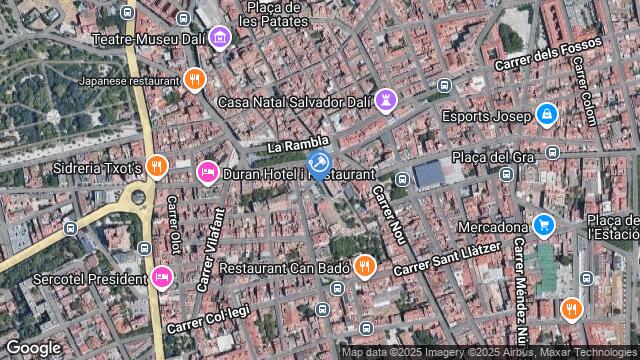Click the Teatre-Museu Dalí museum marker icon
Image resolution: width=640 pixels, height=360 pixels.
[221, 39]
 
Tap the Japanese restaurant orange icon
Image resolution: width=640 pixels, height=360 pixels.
[195, 79]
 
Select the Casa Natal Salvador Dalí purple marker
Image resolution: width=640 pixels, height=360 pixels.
[388, 101]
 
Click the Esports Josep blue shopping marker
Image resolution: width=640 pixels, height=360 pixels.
[545, 116]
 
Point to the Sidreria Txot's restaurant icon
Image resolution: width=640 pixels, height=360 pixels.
[156, 167]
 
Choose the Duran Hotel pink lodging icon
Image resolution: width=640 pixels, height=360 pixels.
[207, 173]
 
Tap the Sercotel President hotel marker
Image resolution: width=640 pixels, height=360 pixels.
[161, 277]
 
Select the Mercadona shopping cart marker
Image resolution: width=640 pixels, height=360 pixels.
[543, 226]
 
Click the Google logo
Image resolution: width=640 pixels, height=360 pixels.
[33, 347]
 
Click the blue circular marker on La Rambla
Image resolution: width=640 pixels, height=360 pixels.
[319, 163]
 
